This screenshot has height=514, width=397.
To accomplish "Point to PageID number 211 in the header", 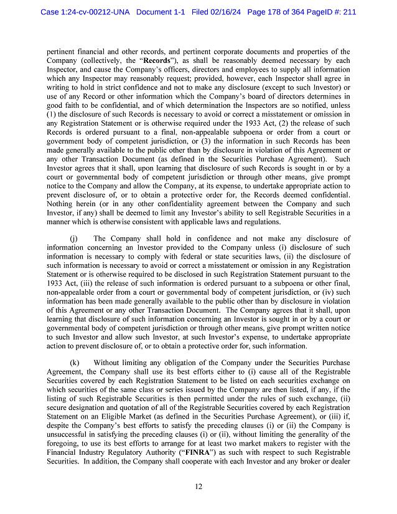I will [x=348, y=12].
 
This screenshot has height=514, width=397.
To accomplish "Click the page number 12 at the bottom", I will [x=198, y=487].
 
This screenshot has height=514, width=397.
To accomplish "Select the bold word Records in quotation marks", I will [x=159, y=60].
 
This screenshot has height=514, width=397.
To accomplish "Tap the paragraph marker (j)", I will [x=73, y=239].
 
